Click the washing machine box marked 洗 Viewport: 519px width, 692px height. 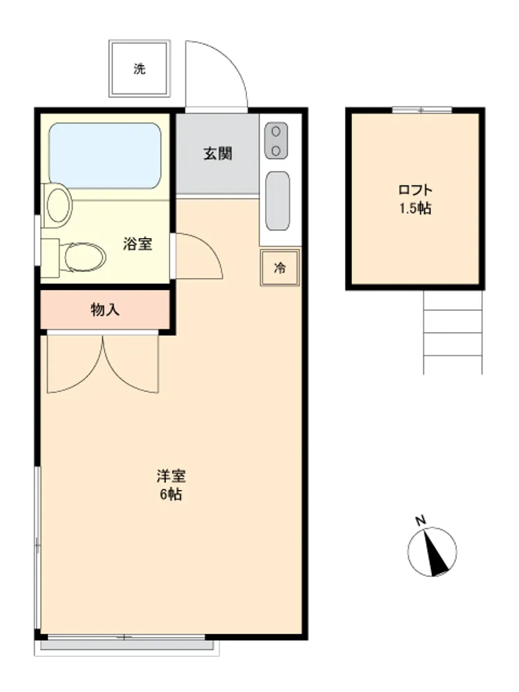(x=140, y=69)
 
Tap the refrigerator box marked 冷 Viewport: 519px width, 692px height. (x=280, y=268)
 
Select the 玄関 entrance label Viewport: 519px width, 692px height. (x=217, y=154)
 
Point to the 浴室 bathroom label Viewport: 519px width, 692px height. (x=138, y=244)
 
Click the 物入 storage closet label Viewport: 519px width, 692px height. (x=105, y=310)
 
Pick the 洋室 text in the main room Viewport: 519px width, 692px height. (x=171, y=476)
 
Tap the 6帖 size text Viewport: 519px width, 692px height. (x=171, y=494)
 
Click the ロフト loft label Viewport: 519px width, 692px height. (x=415, y=190)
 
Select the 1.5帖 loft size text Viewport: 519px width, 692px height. (x=415, y=208)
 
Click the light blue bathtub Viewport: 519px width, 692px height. (x=105, y=156)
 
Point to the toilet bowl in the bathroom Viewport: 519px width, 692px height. (x=84, y=257)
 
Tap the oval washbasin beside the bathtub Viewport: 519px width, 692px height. (x=59, y=206)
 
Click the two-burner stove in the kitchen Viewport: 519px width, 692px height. (x=276, y=140)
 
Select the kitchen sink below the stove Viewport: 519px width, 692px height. (x=277, y=201)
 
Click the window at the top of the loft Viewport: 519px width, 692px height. (x=422, y=110)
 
